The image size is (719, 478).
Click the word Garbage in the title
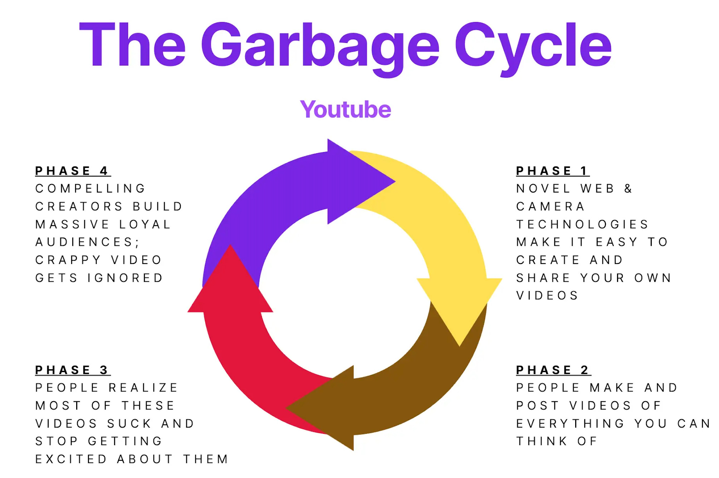point(320,46)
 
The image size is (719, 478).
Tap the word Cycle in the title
point(533,46)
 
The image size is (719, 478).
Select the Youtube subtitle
point(346,109)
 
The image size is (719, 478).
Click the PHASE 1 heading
point(552,171)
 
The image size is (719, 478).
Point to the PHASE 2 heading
point(553,370)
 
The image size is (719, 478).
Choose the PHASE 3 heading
point(72,370)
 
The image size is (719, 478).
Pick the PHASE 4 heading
point(72,171)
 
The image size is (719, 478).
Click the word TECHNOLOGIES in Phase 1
point(582,224)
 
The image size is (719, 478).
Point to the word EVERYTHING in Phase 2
point(570,423)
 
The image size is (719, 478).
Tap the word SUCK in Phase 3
point(129,423)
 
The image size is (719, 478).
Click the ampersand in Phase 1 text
point(628,189)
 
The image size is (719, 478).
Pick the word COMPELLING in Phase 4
point(91,189)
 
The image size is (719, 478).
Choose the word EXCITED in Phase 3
point(71,459)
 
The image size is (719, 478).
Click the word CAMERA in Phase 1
point(551,206)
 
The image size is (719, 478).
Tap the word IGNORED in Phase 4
point(125,278)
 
